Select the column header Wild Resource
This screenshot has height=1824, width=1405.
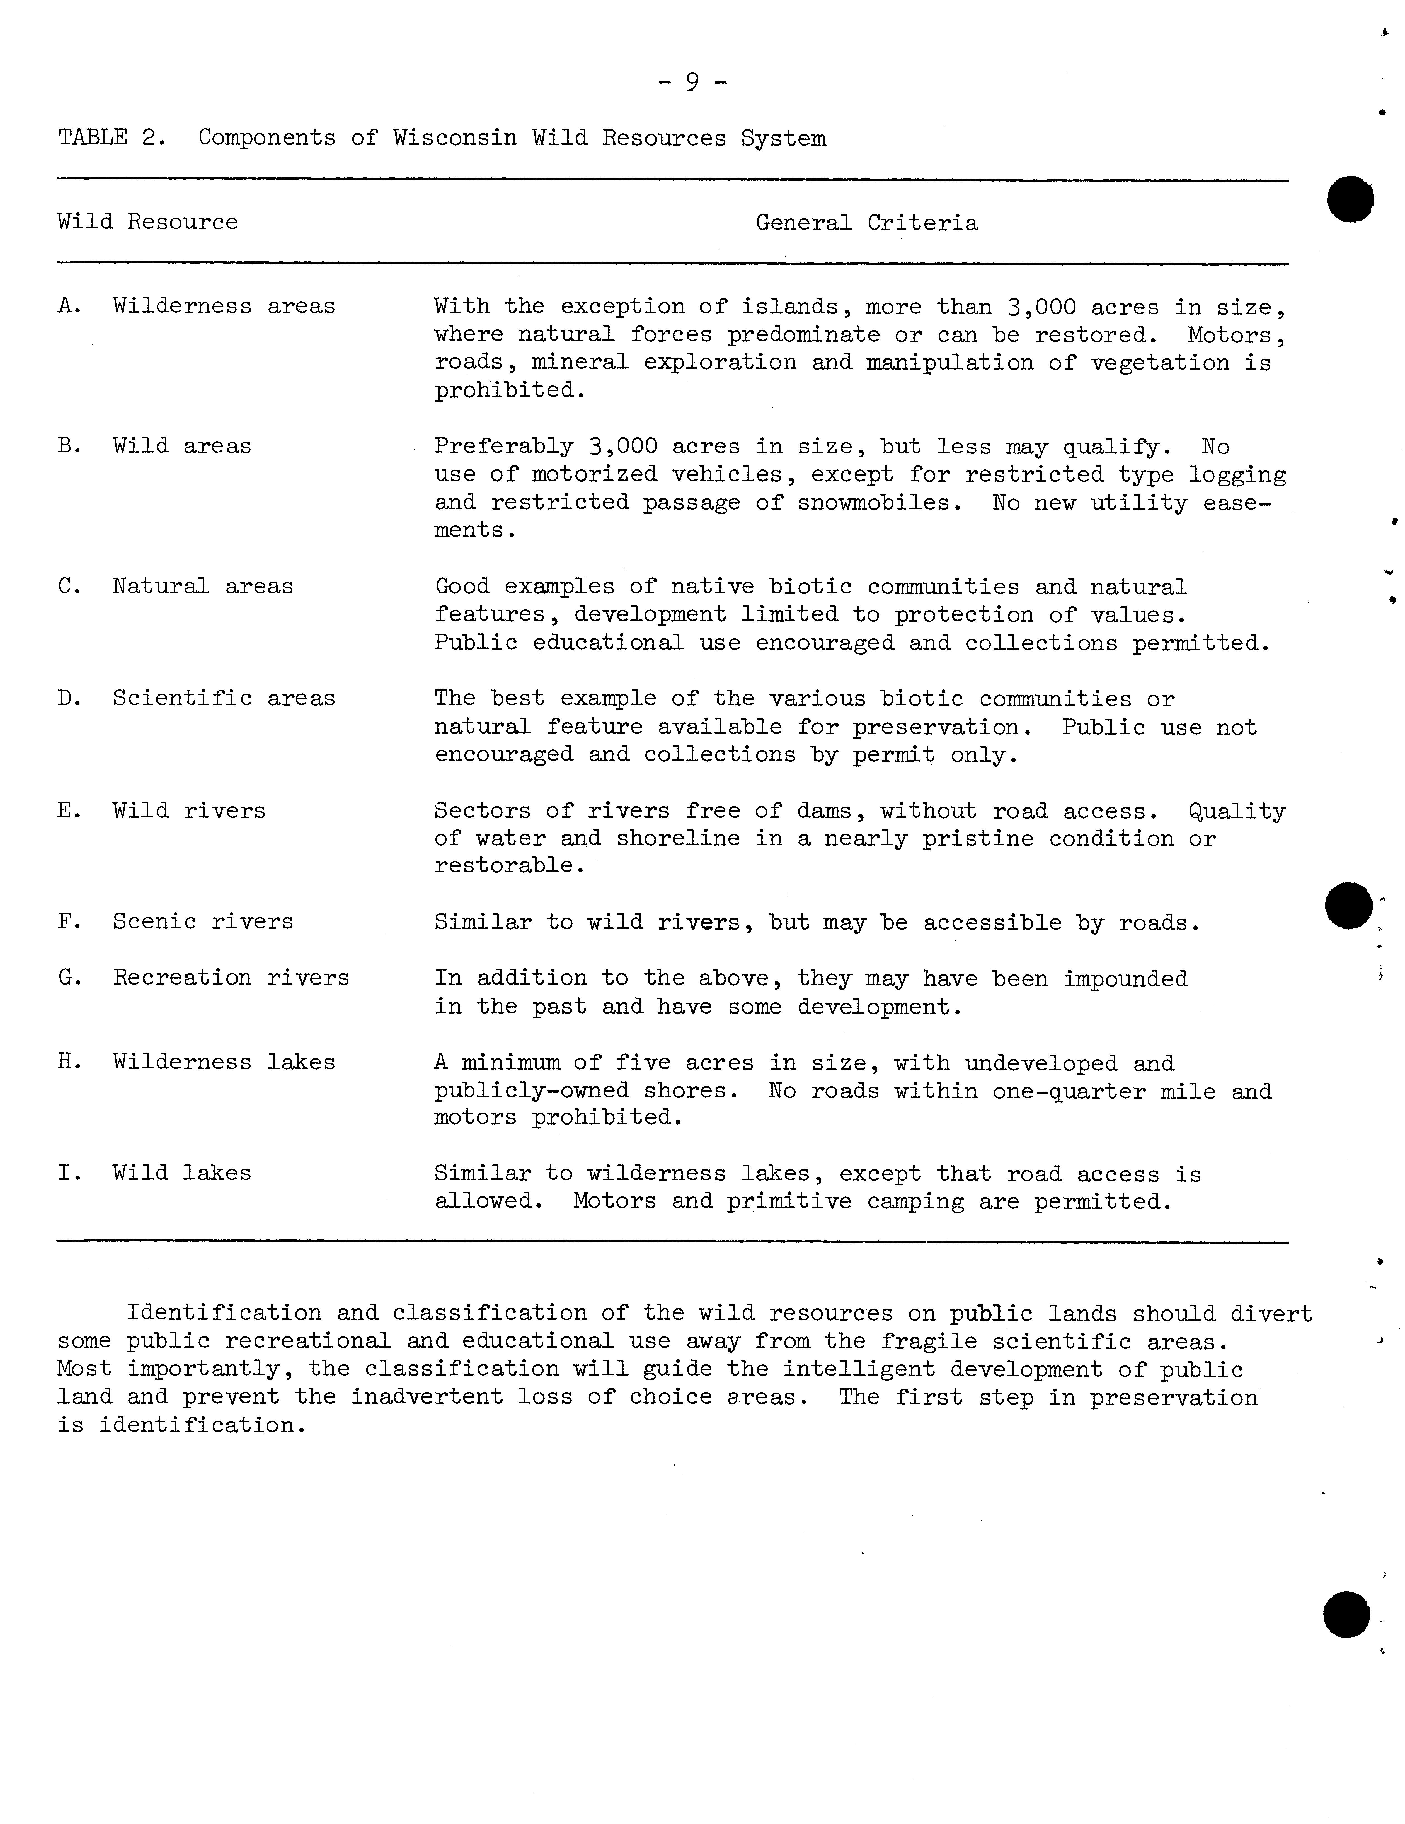(x=148, y=222)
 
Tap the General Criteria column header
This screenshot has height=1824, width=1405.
(x=866, y=223)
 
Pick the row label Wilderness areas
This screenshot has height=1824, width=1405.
(x=224, y=307)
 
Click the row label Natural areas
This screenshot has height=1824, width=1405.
(x=203, y=586)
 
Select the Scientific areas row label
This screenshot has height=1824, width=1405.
(x=224, y=698)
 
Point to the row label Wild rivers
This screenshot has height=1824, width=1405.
(x=189, y=810)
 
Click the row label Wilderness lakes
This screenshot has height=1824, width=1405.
(x=224, y=1062)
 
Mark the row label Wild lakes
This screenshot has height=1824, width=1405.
(x=182, y=1173)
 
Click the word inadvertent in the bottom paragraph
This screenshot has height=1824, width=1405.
(x=427, y=1397)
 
